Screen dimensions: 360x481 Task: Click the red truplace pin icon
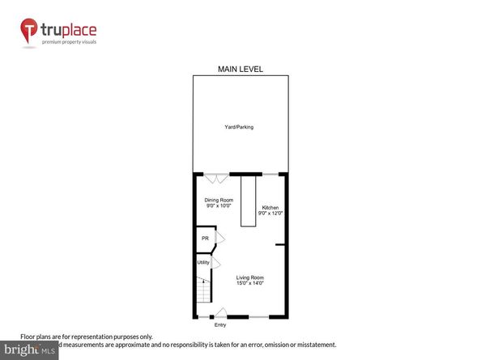tap(30, 32)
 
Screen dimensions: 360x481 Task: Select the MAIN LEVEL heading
tap(240, 70)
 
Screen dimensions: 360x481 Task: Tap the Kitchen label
tap(270, 208)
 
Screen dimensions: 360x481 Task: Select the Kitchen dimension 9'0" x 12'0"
tap(270, 214)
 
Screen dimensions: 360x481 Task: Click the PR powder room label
tap(205, 239)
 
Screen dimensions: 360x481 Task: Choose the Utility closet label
tap(203, 262)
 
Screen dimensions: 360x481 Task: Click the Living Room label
tap(249, 277)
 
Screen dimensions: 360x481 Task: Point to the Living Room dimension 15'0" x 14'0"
tap(249, 283)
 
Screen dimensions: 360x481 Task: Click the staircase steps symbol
tap(202, 290)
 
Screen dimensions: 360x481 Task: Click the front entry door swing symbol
tap(220, 312)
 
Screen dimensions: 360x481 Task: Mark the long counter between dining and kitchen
tap(246, 201)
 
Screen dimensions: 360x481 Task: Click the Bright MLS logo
tap(30, 349)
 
